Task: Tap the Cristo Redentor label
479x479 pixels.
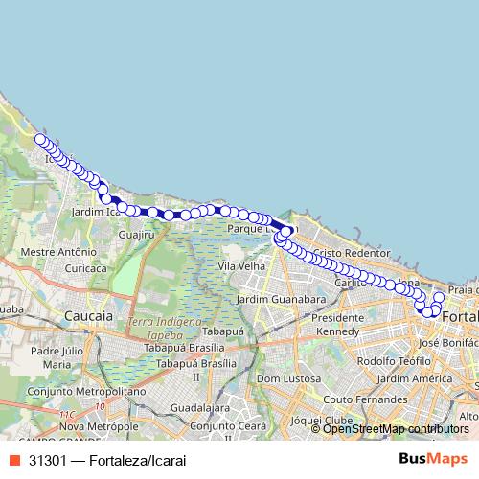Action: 351,252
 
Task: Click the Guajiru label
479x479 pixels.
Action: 135,234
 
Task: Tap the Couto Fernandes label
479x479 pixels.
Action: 365,399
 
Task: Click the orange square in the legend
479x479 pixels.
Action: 14,460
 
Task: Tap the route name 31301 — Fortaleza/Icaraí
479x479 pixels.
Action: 106,460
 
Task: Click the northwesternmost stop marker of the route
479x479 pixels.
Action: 40,140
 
